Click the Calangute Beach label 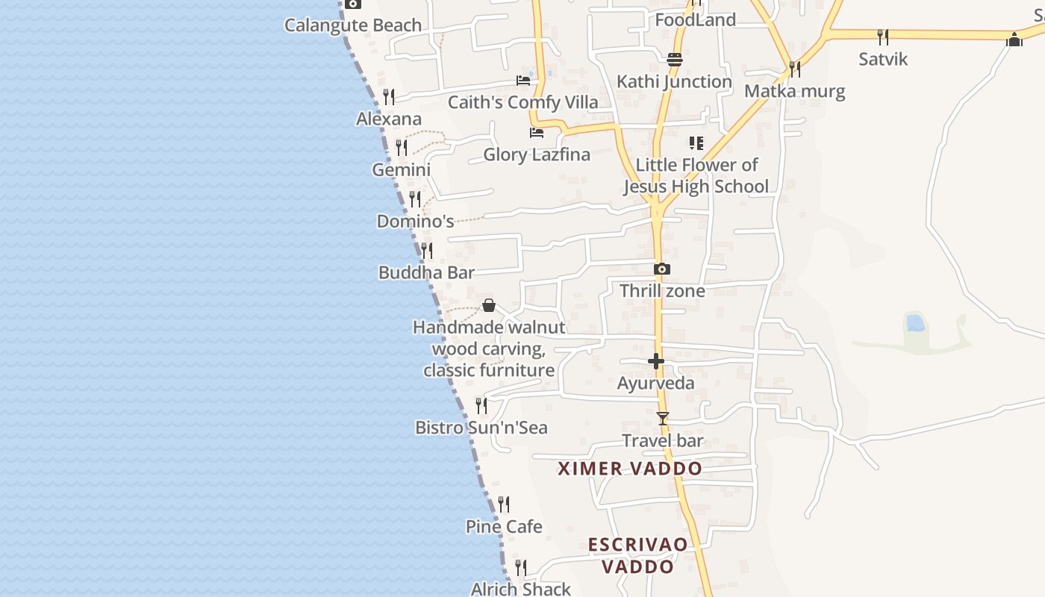[353, 25]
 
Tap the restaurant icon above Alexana [389, 97]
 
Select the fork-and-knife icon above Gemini [402, 147]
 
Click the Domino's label [415, 222]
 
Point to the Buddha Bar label [426, 273]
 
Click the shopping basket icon [489, 305]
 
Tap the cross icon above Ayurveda [656, 361]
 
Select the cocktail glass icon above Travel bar [663, 419]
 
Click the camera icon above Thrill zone [662, 269]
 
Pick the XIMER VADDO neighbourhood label [631, 469]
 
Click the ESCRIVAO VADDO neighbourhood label [637, 555]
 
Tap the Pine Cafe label [504, 527]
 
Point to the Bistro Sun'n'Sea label [481, 428]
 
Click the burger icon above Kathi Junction [675, 60]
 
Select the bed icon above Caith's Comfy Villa [523, 80]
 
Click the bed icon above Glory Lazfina [537, 133]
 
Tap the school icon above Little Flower [696, 143]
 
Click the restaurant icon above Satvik [883, 37]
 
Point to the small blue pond [914, 323]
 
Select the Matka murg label [795, 92]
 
